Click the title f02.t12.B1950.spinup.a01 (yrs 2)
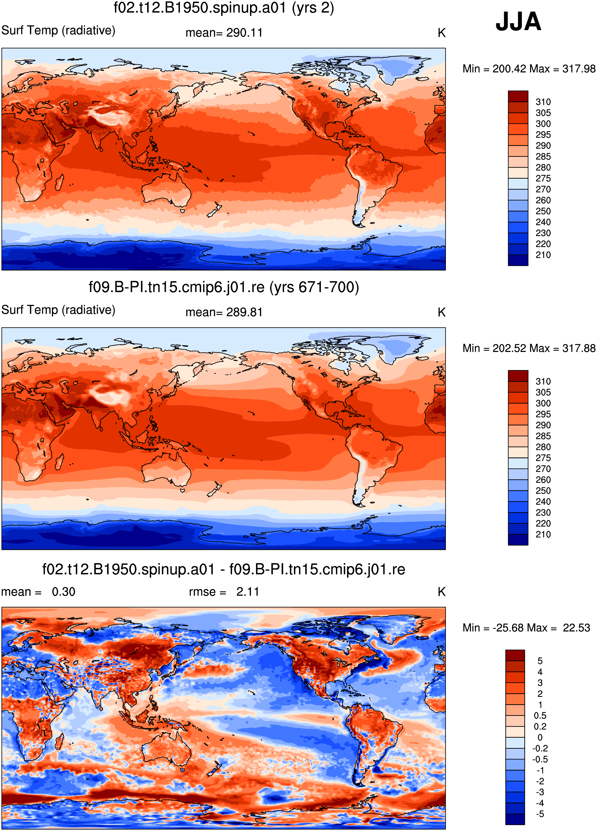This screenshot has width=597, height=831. coord(224,8)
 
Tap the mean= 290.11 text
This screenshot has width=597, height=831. coord(224,33)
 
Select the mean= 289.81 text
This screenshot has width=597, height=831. coord(224,312)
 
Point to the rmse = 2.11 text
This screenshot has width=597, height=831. coord(224,592)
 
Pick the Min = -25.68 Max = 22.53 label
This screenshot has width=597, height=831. coord(526,628)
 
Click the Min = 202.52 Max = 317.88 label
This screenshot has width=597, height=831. coord(529,348)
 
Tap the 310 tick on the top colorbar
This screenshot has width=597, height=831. coord(543,102)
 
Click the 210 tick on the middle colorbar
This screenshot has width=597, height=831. coord(543,534)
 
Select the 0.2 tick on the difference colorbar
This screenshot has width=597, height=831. coord(540,727)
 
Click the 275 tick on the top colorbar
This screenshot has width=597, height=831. coord(543,178)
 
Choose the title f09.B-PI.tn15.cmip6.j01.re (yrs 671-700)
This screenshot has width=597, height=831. coord(224,287)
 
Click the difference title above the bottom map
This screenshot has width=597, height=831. coord(224,569)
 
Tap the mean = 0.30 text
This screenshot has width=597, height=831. coord(38,592)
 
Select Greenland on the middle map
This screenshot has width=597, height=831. coord(401,346)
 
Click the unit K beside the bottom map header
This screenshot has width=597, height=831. coord(441,592)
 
